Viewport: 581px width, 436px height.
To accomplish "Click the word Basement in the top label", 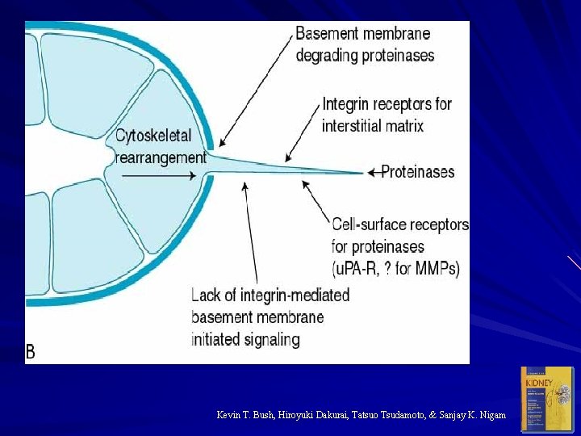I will (328, 35).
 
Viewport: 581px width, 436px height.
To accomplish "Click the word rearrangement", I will (161, 157).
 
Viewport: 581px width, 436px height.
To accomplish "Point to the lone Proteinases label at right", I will (417, 172).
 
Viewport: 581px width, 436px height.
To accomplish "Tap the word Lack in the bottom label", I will (206, 295).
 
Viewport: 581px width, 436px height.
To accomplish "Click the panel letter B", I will (31, 352).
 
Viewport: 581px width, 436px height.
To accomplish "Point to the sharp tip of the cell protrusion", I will (362, 172).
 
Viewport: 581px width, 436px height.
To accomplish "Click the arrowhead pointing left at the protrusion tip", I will (370, 172).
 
